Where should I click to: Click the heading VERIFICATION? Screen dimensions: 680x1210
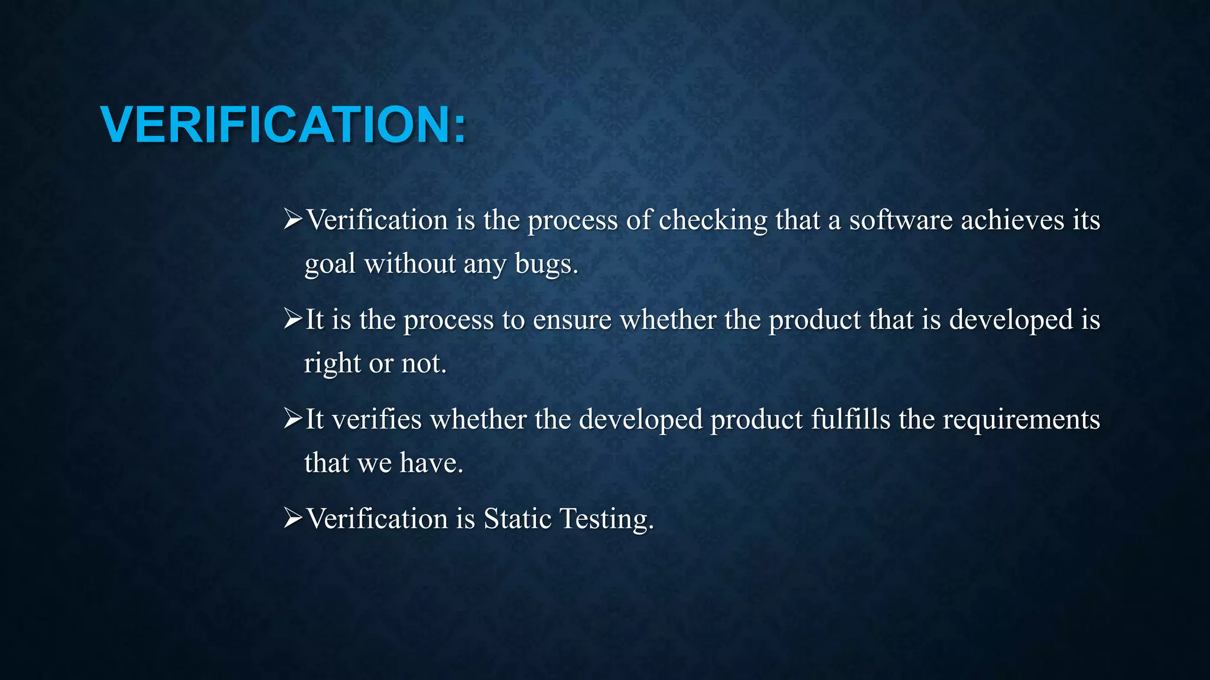(x=283, y=125)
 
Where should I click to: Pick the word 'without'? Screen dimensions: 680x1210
(x=409, y=263)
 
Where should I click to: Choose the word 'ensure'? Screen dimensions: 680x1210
(x=572, y=321)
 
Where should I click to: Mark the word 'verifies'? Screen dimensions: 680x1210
(x=376, y=420)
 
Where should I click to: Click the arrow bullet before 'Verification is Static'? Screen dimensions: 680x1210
(x=292, y=518)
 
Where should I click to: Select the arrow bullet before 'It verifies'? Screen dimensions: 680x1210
(x=292, y=419)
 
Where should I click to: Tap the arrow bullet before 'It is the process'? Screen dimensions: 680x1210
(x=292, y=319)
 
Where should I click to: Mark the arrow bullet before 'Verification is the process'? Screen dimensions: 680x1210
(x=292, y=220)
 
